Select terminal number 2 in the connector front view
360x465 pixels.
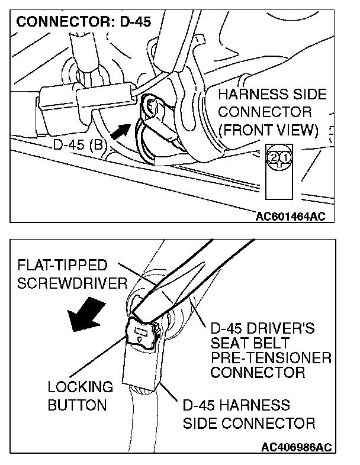273,157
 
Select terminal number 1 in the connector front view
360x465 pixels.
284,157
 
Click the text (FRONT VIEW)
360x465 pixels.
268,128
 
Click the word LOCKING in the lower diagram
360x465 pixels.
80,387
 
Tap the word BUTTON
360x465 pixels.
77,405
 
